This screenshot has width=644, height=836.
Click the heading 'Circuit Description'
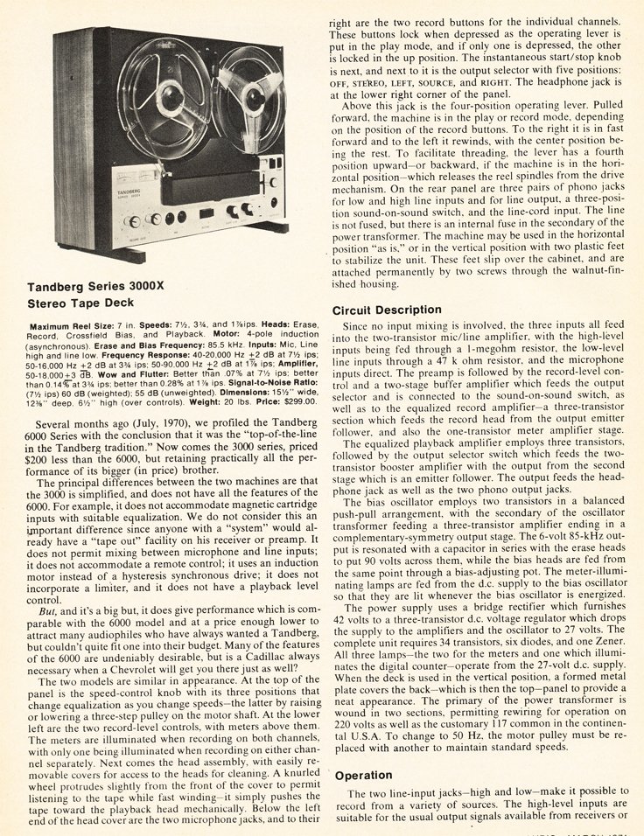point(386,310)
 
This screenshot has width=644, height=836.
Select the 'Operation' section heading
point(363,775)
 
